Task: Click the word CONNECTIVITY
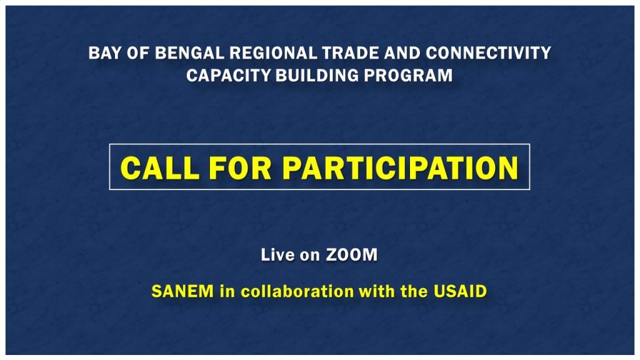click(x=489, y=53)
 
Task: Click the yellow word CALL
click(x=160, y=167)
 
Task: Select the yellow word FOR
click(x=241, y=167)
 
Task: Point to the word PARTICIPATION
click(x=401, y=167)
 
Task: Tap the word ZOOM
click(x=351, y=255)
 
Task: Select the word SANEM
click(x=182, y=291)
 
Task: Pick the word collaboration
click(x=297, y=291)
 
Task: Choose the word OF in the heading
click(x=138, y=53)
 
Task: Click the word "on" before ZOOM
click(x=310, y=256)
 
